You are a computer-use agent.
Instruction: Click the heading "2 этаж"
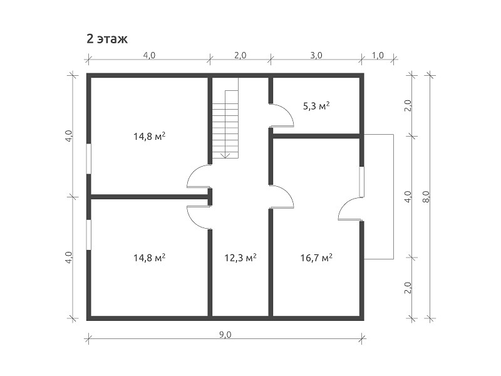coord(107,39)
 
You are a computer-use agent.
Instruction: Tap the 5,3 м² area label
coord(316,106)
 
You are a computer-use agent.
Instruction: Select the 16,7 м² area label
coord(316,258)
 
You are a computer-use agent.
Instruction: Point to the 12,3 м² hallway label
coord(240,258)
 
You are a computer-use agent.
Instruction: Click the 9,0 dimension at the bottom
coord(225,335)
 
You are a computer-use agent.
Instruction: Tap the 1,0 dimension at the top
coord(378,55)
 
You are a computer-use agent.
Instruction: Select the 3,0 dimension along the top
coord(316,55)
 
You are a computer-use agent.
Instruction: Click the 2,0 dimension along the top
coord(240,55)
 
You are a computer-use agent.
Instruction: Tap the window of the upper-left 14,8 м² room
coord(89,159)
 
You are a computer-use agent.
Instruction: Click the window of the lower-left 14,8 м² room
coord(89,234)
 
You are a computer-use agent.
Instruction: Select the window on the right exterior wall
coord(362,182)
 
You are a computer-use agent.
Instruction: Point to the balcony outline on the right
coord(393,197)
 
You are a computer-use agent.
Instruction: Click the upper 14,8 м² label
coord(149,137)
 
